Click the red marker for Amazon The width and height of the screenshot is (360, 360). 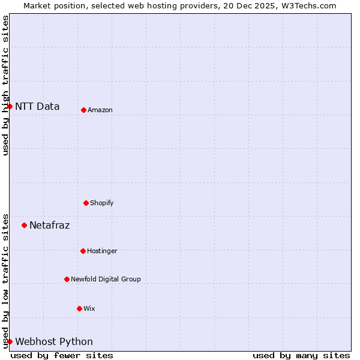click(x=83, y=110)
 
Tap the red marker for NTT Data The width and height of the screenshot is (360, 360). click(x=10, y=106)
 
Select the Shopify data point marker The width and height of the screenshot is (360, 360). click(x=86, y=203)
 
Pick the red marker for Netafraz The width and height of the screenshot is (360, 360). click(x=24, y=225)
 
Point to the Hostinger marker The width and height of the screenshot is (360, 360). click(x=83, y=251)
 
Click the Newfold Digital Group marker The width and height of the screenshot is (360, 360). click(x=67, y=279)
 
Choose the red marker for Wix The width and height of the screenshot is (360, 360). click(x=79, y=308)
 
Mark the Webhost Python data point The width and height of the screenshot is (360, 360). click(x=10, y=341)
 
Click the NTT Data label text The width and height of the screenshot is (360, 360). click(x=37, y=107)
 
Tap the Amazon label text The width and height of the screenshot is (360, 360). click(x=100, y=110)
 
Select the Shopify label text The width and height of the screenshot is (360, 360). click(x=102, y=203)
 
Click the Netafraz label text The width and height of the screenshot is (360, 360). click(x=49, y=226)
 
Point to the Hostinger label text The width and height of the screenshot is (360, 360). click(x=102, y=251)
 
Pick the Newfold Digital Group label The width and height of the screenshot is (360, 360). click(x=106, y=280)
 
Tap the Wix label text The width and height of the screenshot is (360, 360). click(x=89, y=309)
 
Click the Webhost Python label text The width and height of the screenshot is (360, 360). click(x=54, y=342)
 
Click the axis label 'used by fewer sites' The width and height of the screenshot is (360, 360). click(x=62, y=355)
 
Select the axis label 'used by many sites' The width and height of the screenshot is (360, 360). click(x=301, y=355)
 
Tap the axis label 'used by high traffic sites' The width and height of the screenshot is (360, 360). click(x=5, y=85)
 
